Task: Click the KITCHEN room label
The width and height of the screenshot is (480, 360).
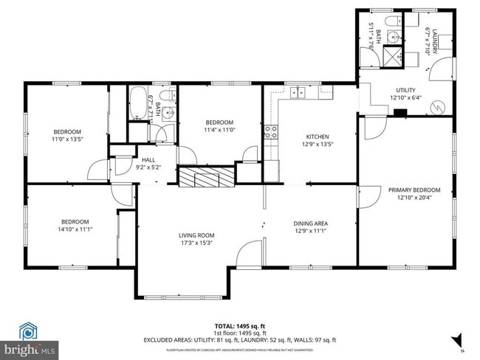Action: coord(319,136)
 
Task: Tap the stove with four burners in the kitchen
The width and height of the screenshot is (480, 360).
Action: coord(271,134)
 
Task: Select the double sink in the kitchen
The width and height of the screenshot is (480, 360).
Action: coord(299,92)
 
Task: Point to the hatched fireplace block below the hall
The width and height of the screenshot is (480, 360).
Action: coord(206,177)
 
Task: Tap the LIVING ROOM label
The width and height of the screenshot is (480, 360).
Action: coord(196,236)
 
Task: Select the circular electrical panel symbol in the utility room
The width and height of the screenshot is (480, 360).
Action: coord(439,107)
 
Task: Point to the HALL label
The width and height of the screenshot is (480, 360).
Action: coord(148,159)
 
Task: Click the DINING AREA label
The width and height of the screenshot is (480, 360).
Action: coord(310,224)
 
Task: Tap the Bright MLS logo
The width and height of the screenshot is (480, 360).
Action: coord(30,347)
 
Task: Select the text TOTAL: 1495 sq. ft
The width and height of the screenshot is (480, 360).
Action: coord(239,325)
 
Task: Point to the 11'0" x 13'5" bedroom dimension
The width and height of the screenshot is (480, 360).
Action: coord(66,139)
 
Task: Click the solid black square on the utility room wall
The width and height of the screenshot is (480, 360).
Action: coord(400,113)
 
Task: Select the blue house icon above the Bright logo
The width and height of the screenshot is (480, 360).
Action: coord(28,330)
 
